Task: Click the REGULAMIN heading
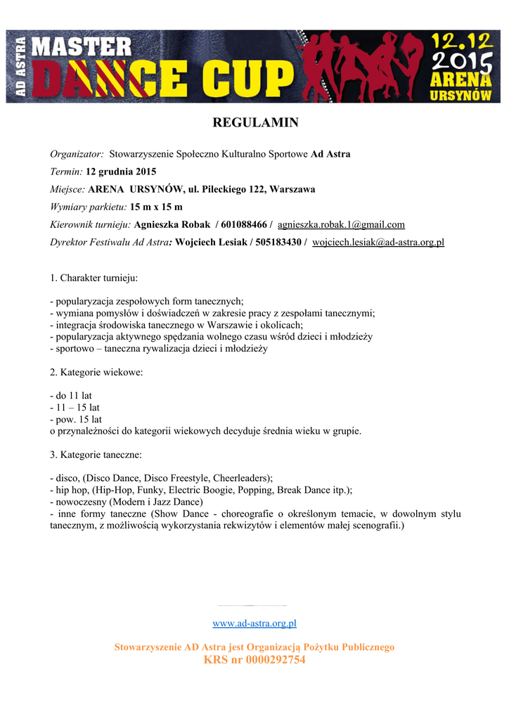(x=255, y=123)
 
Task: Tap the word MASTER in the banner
(x=83, y=48)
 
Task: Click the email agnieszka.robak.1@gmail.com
(x=341, y=225)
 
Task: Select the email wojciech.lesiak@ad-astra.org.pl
(x=378, y=243)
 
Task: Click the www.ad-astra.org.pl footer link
(x=254, y=623)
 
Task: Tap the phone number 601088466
(x=243, y=225)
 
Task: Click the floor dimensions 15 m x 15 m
(x=156, y=207)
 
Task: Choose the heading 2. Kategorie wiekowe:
(x=96, y=372)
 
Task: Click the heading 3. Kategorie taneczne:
(x=96, y=454)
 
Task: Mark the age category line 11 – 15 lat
(x=75, y=407)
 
